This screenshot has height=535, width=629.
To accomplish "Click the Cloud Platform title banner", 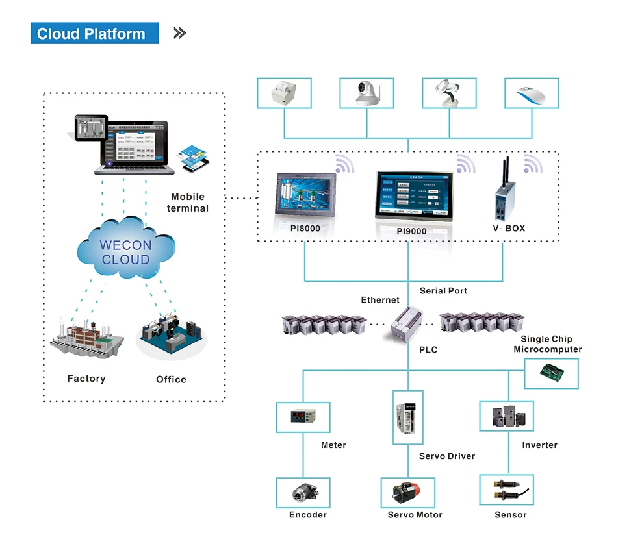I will (94, 34).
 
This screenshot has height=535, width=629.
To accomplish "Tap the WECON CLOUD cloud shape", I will (125, 252).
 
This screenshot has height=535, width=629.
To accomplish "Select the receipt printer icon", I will (284, 93).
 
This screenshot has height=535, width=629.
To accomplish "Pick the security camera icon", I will (366, 93).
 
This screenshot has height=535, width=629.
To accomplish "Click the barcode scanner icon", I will (449, 93).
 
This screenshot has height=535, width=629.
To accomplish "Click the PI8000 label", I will (305, 229).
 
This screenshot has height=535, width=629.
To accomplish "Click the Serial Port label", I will (443, 290).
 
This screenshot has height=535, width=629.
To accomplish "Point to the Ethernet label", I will (380, 299).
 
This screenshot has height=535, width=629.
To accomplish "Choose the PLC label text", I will (428, 349).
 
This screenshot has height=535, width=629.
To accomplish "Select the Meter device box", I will (303, 417).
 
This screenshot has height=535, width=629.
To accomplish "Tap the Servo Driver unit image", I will (407, 417).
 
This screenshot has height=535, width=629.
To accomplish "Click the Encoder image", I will (303, 493).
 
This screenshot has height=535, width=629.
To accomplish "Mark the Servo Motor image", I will (407, 493).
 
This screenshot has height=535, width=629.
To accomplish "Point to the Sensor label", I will (510, 514).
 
